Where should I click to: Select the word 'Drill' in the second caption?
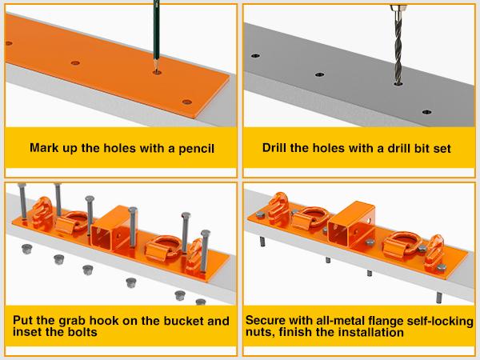pos(277,149)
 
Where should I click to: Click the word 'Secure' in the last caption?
pos(271,321)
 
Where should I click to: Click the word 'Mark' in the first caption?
pos(43,149)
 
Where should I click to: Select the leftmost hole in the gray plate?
pos(256,57)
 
